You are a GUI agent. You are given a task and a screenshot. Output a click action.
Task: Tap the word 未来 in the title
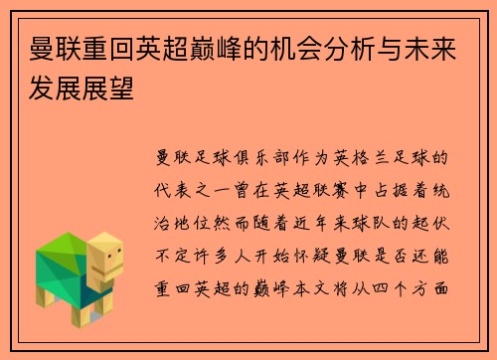(x=432, y=46)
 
